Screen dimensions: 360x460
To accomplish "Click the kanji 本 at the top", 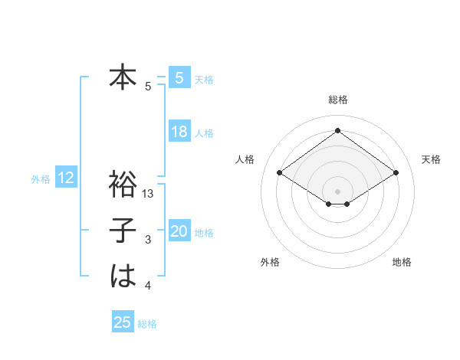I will coord(123,77).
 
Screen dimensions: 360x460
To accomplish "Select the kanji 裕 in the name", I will coord(123,185).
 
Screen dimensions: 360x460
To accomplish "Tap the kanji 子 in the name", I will coord(123,231).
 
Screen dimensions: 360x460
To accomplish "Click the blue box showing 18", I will coord(179,132).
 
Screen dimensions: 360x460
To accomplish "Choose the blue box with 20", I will coord(179,231).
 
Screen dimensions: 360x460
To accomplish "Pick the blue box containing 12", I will coord(66,178).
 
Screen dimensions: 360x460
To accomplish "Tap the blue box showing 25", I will coord(123,322).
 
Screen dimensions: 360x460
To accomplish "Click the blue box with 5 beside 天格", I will coord(179,78).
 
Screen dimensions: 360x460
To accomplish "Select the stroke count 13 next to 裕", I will coord(149,194).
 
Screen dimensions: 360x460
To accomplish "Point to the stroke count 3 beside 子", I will coord(148,240).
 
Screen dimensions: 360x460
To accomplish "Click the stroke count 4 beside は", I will coord(148,286).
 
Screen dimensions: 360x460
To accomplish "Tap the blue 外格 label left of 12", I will coord(41,179).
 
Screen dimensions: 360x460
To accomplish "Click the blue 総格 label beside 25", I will coord(147,324).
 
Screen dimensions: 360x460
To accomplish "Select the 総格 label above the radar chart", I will coord(337,100).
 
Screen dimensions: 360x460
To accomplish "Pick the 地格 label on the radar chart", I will coord(402,262).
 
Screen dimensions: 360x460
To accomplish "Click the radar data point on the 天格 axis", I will coord(396,173).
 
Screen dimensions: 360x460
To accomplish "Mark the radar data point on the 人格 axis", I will coord(280,173).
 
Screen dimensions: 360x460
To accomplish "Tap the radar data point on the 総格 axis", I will coord(337,131).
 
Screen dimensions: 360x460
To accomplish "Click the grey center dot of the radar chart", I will coord(337,191).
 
